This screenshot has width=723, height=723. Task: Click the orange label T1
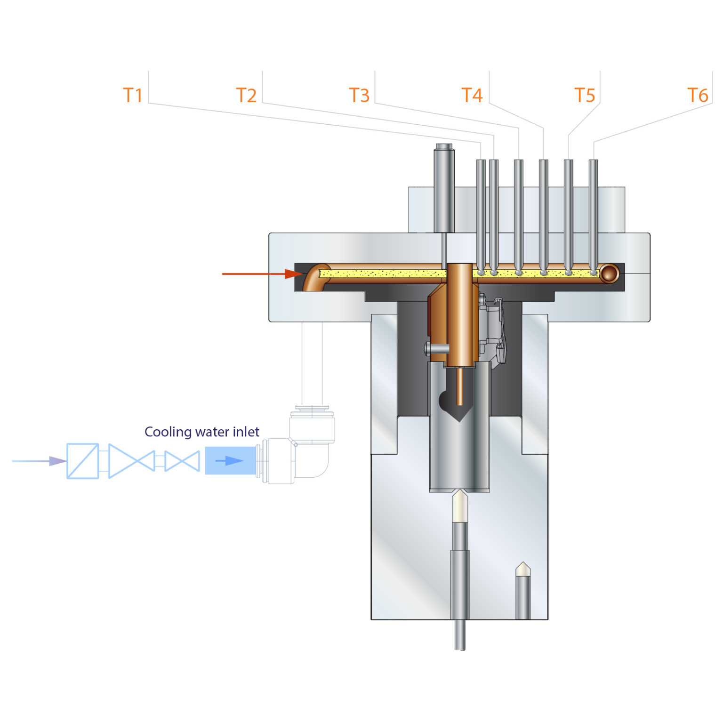click(x=133, y=96)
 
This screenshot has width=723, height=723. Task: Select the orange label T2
click(x=246, y=96)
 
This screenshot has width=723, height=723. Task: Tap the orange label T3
click(x=359, y=96)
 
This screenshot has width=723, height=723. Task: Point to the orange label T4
click(x=472, y=96)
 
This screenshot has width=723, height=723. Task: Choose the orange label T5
click(x=585, y=96)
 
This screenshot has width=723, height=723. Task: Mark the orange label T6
click(x=698, y=96)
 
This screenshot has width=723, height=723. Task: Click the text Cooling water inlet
click(x=202, y=432)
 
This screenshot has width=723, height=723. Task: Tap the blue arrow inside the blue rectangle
click(x=230, y=461)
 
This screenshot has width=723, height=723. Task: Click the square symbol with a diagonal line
click(x=83, y=461)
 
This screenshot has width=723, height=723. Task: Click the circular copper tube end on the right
click(x=609, y=273)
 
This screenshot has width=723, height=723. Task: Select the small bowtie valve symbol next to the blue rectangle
click(x=182, y=461)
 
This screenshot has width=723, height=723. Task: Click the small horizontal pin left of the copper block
click(x=436, y=349)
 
